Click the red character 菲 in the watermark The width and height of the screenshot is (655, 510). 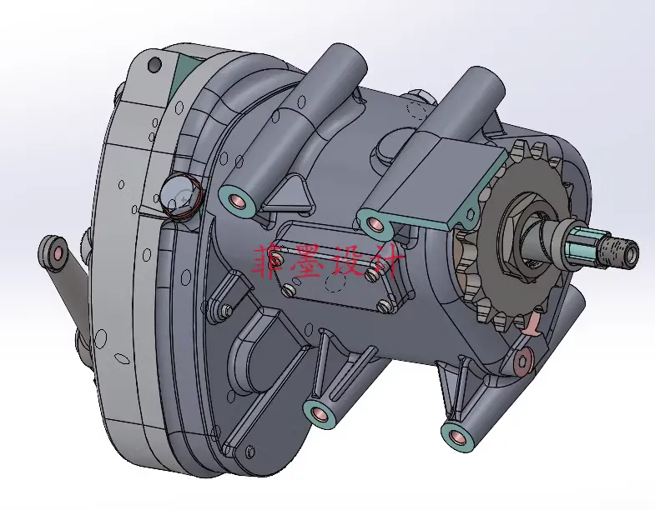(269, 260)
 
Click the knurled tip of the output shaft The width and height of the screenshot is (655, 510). (621, 249)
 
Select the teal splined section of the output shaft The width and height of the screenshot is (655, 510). (582, 246)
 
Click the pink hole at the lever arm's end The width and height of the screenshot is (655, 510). (56, 252)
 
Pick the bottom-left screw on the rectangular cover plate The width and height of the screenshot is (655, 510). (290, 289)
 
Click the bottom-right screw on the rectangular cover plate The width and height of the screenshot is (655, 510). (383, 305)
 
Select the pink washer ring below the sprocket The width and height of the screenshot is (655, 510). (523, 359)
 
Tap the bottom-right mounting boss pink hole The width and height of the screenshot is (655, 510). (455, 434)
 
